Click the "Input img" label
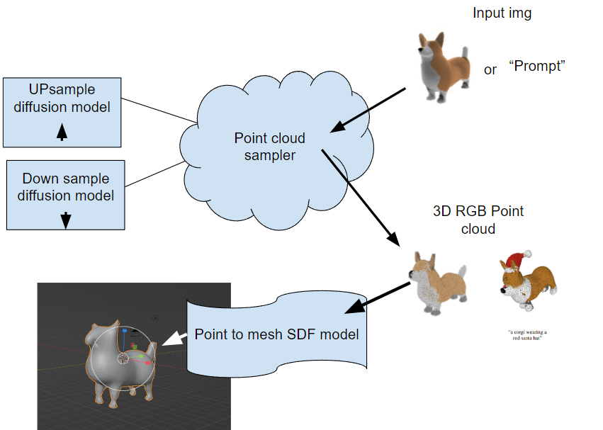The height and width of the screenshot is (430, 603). click(501, 13)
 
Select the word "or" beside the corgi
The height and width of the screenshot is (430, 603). click(490, 70)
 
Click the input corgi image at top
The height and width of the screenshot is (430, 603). click(441, 64)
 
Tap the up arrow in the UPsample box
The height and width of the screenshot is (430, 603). click(62, 132)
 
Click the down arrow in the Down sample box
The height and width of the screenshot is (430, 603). click(65, 220)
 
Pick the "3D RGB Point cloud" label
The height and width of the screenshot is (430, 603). click(478, 220)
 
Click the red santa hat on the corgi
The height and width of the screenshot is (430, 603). click(522, 259)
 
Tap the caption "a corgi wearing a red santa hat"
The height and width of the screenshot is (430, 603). click(527, 335)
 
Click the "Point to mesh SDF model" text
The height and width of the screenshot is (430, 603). click(276, 334)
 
